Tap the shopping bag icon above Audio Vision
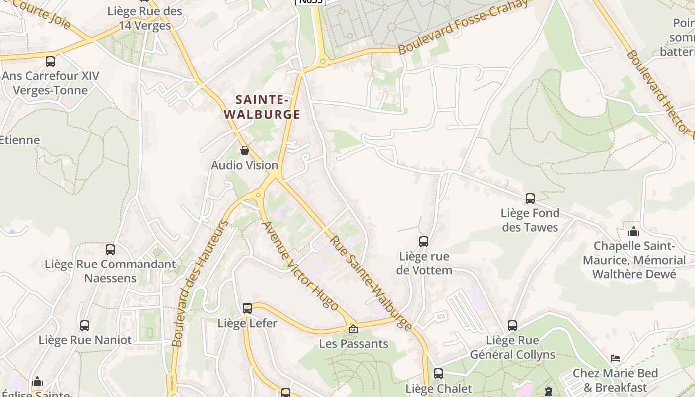pos(244,150)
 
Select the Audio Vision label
pos(244,165)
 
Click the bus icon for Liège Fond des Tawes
pos(530,198)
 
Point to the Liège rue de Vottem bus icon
pos(423,242)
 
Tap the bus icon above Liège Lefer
pos(247,308)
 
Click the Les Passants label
pos(353,344)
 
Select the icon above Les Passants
pos(353,329)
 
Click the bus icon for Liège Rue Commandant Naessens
pos(110,250)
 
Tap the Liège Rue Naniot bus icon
pos(85,326)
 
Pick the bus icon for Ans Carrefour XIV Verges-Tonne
pos(50,62)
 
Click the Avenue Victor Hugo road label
pos(300,265)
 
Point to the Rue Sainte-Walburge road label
pos(371,283)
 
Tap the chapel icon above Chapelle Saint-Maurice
pos(633,231)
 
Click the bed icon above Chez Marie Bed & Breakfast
pos(615,358)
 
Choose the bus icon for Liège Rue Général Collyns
pos(512,326)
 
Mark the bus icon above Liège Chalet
pos(438,374)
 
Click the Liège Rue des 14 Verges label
pos(145,18)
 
